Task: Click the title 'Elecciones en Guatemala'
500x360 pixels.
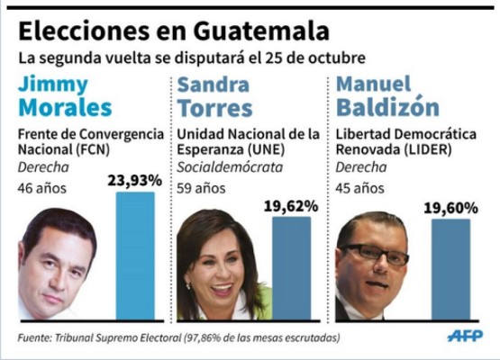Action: point(173,31)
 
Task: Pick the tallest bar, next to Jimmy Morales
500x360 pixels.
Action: point(135,256)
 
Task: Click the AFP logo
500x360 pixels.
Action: point(465,336)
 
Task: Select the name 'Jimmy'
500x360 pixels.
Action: point(53,85)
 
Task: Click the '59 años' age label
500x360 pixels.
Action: point(198,189)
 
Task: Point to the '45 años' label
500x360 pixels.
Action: point(358,189)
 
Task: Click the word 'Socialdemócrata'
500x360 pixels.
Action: point(229,167)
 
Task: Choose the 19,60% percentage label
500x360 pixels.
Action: point(450,206)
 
